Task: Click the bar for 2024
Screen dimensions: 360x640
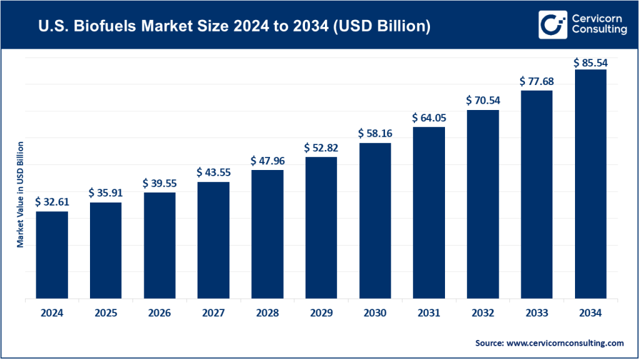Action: [52, 255]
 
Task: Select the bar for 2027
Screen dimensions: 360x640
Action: [213, 241]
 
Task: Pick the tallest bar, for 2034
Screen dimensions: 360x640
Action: [590, 184]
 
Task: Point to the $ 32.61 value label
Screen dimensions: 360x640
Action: [52, 201]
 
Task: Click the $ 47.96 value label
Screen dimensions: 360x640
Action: [267, 160]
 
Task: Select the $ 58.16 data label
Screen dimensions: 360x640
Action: [374, 133]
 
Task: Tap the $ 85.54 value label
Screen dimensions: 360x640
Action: [590, 63]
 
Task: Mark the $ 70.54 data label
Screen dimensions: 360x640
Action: [482, 100]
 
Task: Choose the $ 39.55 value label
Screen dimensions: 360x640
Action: [159, 182]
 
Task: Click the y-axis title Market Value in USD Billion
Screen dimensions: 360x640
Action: [20, 194]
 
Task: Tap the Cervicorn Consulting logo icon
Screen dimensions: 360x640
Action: [552, 24]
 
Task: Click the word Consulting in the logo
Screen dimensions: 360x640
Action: [598, 30]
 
